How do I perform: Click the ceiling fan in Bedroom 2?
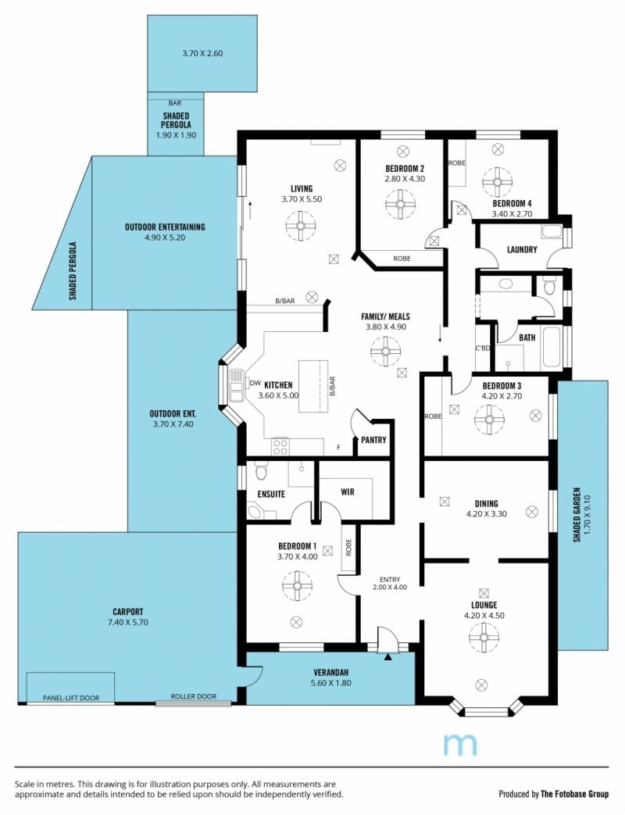(x=401, y=204)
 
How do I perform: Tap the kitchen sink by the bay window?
(x=235, y=384)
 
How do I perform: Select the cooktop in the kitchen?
(x=280, y=446)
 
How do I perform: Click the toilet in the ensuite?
(x=261, y=472)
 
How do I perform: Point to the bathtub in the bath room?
(x=552, y=348)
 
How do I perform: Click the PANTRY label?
(x=373, y=440)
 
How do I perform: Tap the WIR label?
(x=348, y=492)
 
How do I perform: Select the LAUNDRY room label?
(x=522, y=249)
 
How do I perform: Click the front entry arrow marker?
(x=387, y=657)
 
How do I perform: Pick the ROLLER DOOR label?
(x=193, y=696)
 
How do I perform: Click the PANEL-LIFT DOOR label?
(x=71, y=698)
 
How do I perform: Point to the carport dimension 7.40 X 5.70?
(x=128, y=622)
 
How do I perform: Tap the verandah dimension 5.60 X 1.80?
(x=331, y=683)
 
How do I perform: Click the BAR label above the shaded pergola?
(x=175, y=103)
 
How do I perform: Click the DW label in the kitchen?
(x=255, y=383)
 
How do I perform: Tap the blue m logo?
(x=460, y=745)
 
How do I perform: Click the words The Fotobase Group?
(x=574, y=794)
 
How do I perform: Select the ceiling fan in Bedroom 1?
(x=297, y=586)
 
